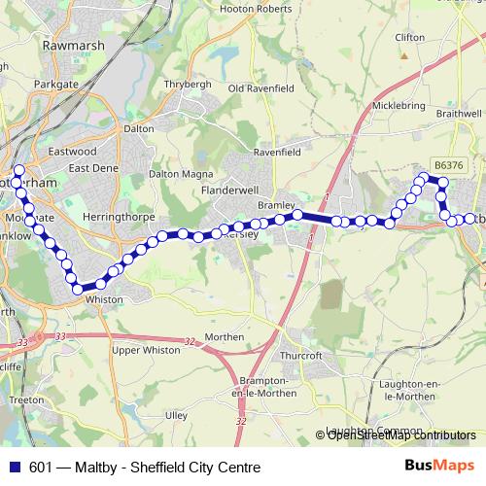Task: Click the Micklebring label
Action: pyautogui.click(x=399, y=105)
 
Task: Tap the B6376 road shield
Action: pyautogui.click(x=449, y=166)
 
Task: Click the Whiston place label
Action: pyautogui.click(x=105, y=299)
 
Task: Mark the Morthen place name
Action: pyautogui.click(x=226, y=336)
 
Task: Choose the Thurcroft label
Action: pyautogui.click(x=301, y=356)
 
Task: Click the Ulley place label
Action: pyautogui.click(x=176, y=414)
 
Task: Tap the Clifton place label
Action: pyautogui.click(x=410, y=37)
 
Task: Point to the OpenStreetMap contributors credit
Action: pyautogui.click(x=400, y=434)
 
